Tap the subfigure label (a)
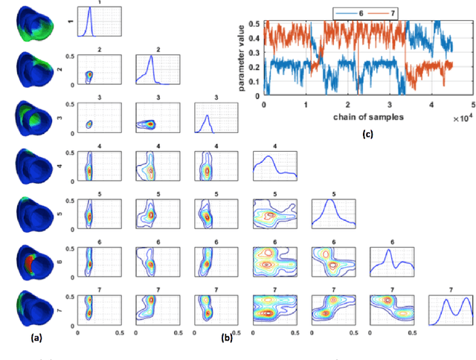[x=34, y=337]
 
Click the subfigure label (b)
[x=228, y=337]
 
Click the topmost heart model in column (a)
[x=30, y=21]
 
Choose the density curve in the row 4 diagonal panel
[x=274, y=164]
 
